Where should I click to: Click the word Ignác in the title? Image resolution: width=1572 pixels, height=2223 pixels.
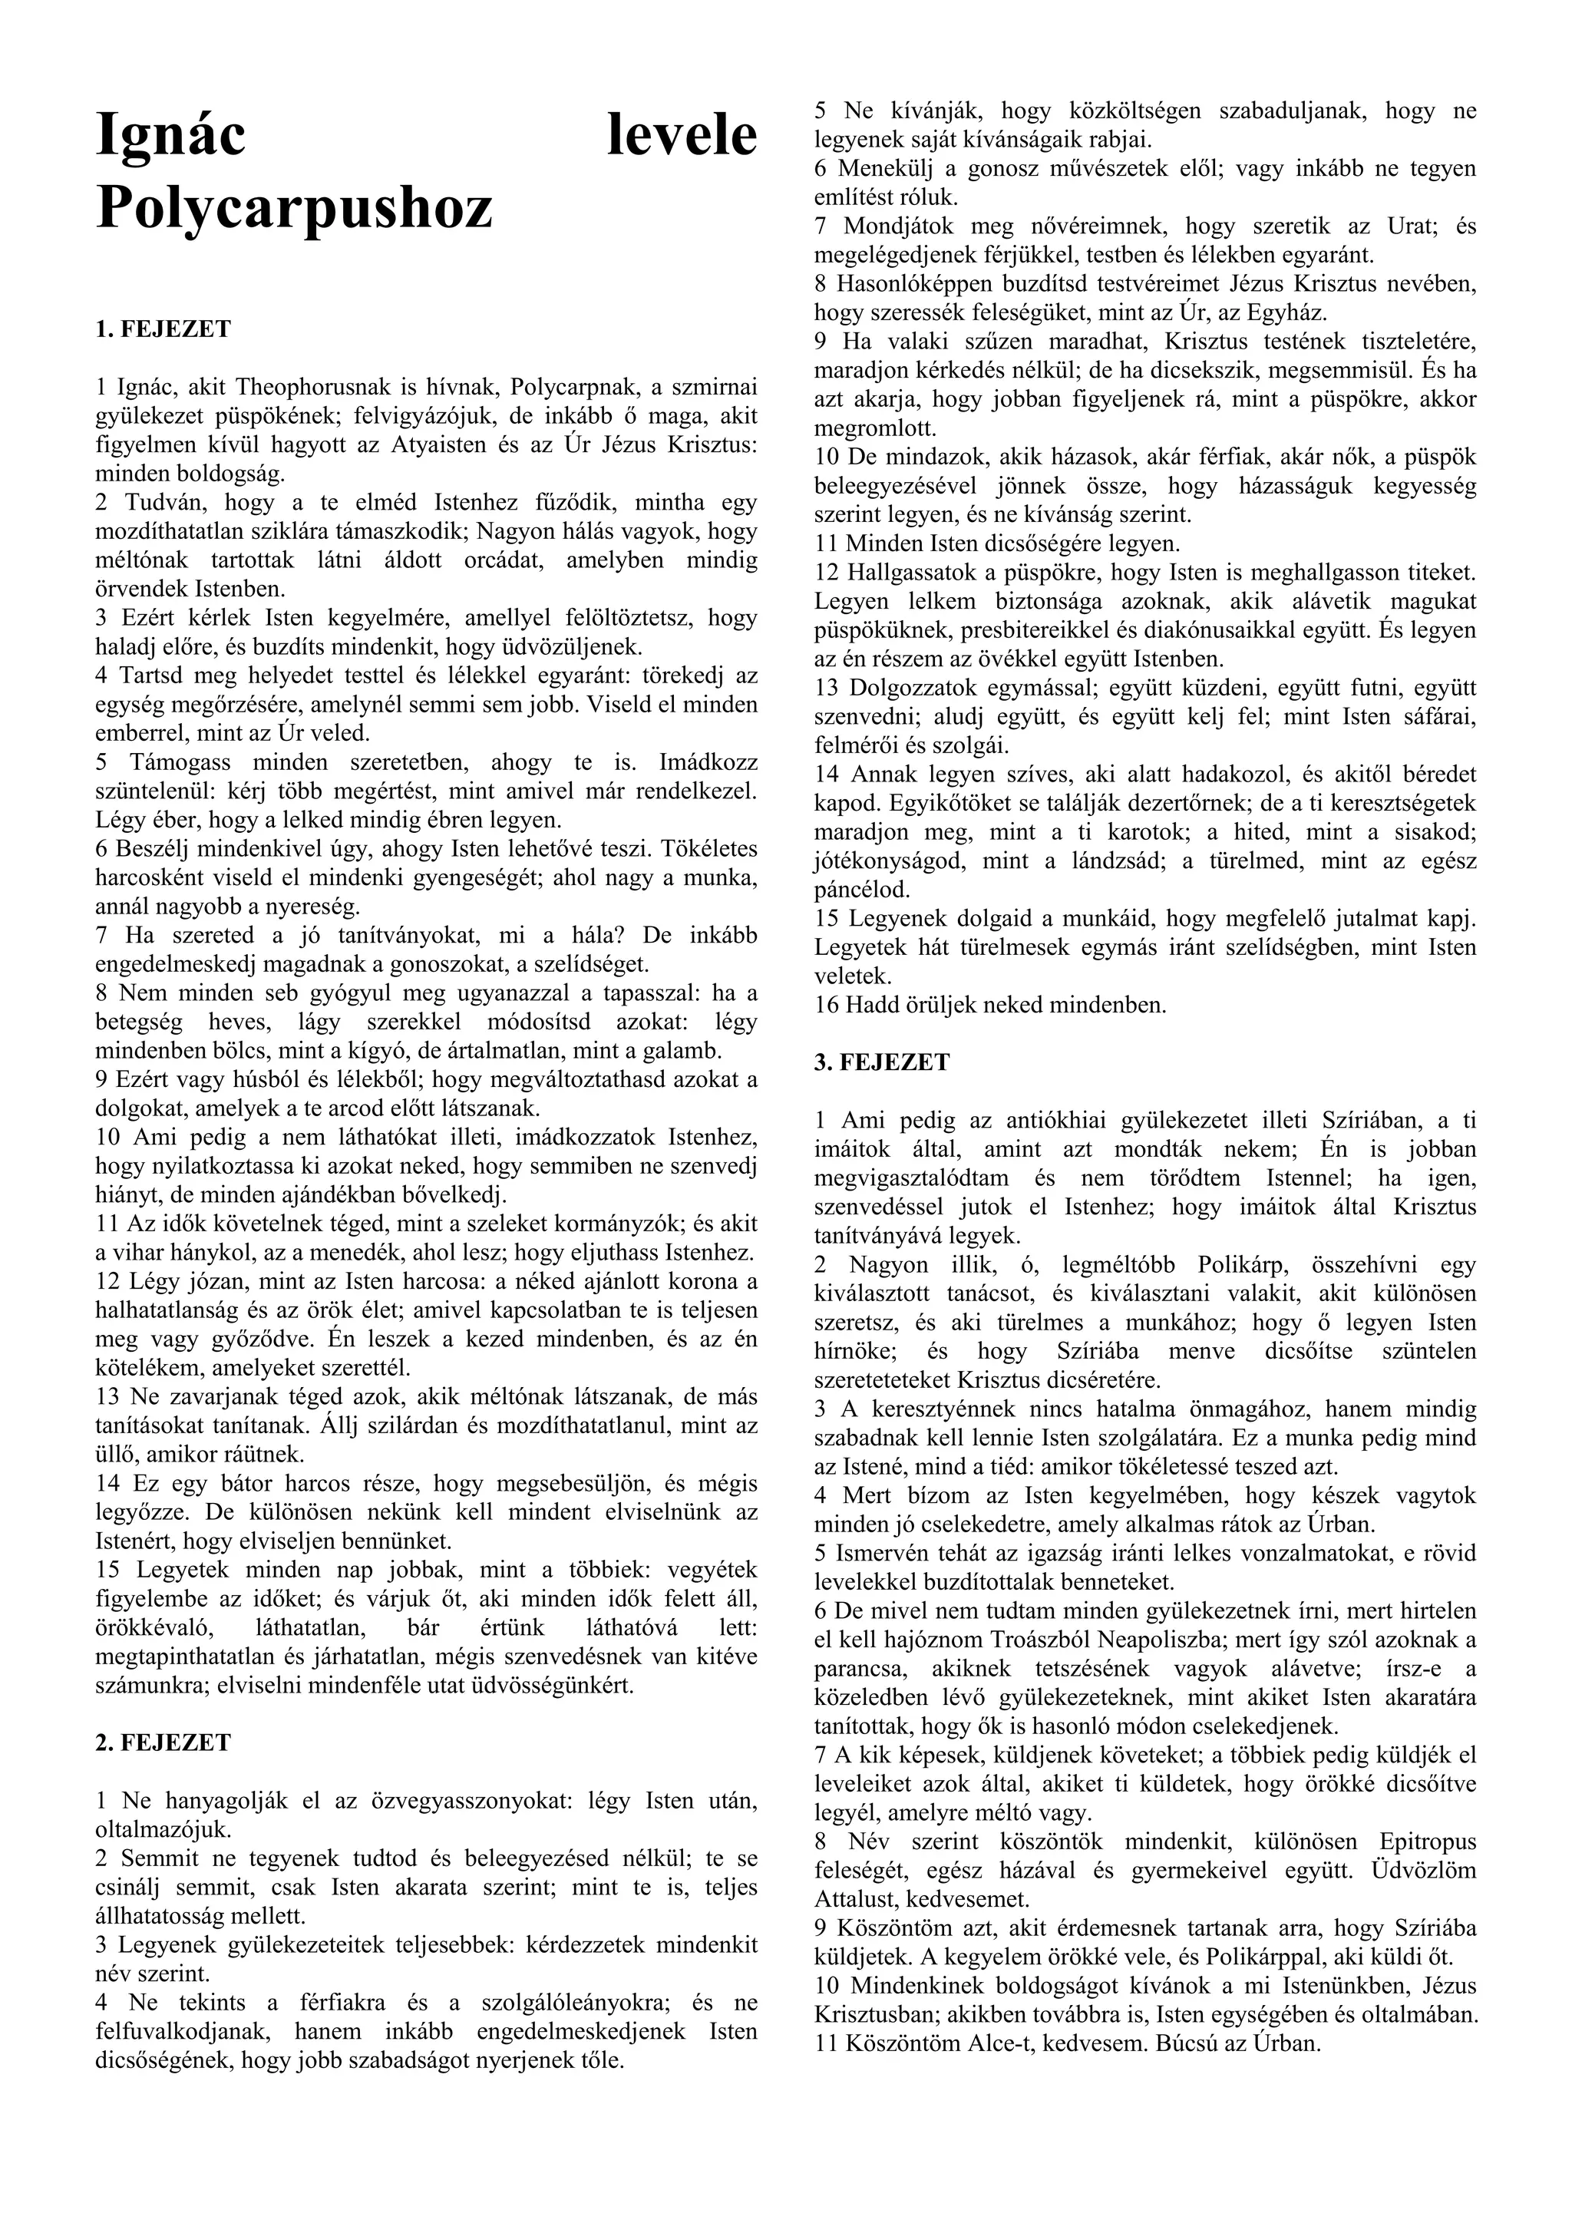click(x=170, y=136)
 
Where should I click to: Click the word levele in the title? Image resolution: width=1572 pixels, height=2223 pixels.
click(x=682, y=136)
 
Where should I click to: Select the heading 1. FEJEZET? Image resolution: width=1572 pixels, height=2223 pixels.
click(x=163, y=329)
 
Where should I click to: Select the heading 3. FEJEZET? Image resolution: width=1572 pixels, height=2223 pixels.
click(x=882, y=1062)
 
